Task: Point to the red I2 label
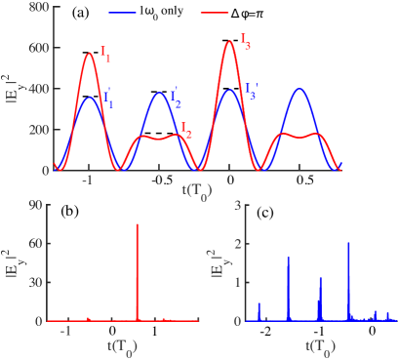click(x=185, y=129)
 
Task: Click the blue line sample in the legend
click(x=123, y=13)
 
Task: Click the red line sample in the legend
click(x=215, y=13)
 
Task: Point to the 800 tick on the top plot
click(x=39, y=7)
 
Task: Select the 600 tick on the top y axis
click(x=39, y=48)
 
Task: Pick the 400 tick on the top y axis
click(x=39, y=89)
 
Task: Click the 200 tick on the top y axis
click(x=39, y=130)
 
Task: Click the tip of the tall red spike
click(x=137, y=224)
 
